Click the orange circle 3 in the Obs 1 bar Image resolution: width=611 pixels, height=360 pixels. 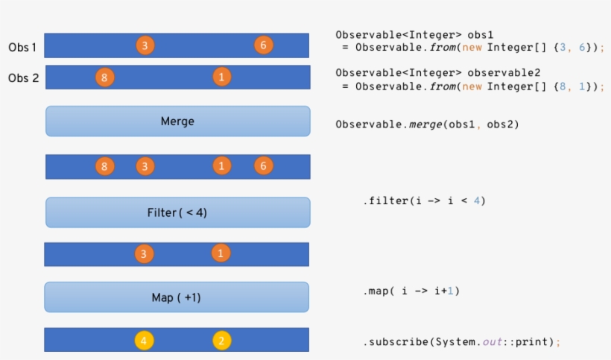click(145, 45)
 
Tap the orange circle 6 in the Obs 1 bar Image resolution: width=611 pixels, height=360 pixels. click(263, 45)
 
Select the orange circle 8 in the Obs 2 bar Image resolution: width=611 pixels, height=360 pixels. click(105, 77)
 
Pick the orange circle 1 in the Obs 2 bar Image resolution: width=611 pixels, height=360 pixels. click(221, 76)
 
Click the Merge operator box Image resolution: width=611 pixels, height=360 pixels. click(177, 121)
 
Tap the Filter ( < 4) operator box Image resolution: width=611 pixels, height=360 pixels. click(177, 212)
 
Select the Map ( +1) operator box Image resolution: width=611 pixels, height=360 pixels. click(177, 297)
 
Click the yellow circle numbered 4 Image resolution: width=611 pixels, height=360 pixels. click(145, 341)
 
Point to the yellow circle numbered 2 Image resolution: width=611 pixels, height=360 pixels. click(221, 341)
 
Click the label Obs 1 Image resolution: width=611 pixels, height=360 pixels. click(22, 47)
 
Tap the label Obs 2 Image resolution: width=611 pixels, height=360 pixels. click(23, 78)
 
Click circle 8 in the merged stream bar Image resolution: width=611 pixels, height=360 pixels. click(105, 165)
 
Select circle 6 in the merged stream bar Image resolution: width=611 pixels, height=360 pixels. click(263, 165)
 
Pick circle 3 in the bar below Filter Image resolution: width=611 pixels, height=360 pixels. click(145, 253)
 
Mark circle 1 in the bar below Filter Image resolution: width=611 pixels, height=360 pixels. click(221, 253)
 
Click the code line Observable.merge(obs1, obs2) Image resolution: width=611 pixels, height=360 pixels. click(427, 124)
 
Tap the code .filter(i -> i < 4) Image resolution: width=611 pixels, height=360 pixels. click(424, 201)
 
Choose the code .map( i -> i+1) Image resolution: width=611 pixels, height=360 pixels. click(411, 291)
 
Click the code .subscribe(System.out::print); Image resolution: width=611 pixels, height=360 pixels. click(461, 341)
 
